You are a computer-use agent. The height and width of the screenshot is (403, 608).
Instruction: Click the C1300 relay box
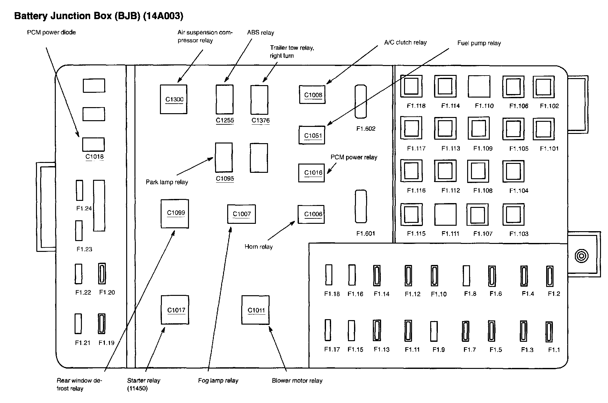(x=173, y=99)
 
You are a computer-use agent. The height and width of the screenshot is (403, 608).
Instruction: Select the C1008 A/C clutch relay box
(x=312, y=94)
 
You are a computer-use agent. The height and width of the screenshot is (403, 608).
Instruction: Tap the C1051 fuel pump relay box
(x=312, y=135)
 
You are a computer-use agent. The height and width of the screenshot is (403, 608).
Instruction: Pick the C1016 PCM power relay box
(x=311, y=173)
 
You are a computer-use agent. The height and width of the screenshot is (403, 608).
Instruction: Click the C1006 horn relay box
(x=311, y=214)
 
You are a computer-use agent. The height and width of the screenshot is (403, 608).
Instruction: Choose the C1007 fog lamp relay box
(x=241, y=214)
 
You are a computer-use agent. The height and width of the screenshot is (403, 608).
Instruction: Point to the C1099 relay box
(x=175, y=214)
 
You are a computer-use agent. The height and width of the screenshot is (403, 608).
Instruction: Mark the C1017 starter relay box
(x=175, y=310)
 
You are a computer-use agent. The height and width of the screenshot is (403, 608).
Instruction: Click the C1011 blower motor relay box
(x=255, y=310)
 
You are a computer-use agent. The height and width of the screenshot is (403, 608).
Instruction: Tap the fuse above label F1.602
(x=360, y=101)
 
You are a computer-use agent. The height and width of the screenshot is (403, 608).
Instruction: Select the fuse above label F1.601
(x=361, y=206)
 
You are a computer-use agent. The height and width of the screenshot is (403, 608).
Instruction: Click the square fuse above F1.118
(x=411, y=86)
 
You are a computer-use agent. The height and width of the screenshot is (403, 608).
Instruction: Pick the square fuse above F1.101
(x=544, y=129)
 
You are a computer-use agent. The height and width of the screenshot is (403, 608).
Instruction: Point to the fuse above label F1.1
(x=549, y=332)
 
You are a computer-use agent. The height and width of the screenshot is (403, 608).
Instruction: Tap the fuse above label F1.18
(x=329, y=275)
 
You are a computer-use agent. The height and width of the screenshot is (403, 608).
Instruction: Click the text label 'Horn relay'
(x=258, y=247)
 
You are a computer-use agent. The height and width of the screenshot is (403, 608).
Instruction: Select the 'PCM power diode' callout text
(x=51, y=32)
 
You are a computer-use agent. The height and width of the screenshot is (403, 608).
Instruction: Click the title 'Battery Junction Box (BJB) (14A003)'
(x=99, y=16)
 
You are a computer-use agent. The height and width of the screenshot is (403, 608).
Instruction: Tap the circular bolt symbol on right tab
(x=581, y=256)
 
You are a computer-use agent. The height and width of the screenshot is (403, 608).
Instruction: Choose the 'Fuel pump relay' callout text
(x=479, y=43)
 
